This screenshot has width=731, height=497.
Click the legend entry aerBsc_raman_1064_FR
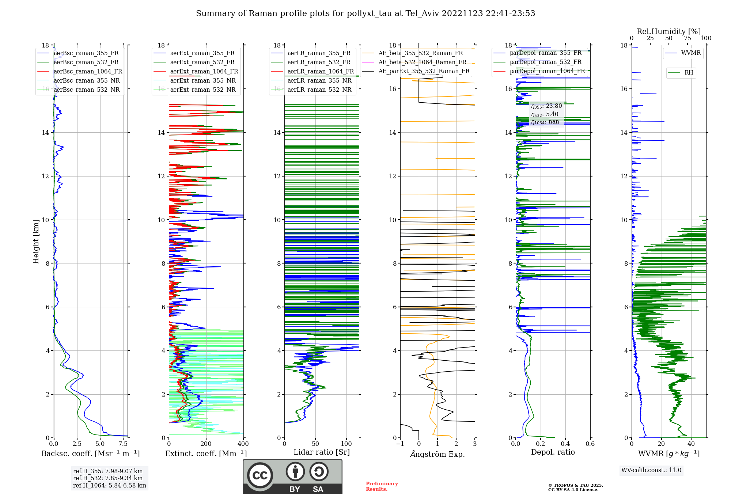click(88, 72)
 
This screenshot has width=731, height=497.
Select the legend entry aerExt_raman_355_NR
click(203, 81)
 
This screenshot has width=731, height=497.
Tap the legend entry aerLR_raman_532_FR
click(319, 62)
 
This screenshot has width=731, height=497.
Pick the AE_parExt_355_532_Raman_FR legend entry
click(424, 71)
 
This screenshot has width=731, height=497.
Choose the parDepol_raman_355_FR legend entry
click(545, 53)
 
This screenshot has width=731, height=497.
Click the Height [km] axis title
click(36, 242)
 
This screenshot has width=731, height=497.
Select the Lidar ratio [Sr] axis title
click(322, 452)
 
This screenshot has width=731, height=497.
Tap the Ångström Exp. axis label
click(438, 454)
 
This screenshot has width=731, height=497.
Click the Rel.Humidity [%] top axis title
click(668, 31)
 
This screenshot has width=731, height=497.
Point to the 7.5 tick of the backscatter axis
click(123, 444)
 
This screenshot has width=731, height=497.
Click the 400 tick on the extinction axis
click(243, 444)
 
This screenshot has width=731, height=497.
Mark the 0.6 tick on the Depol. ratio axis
click(590, 444)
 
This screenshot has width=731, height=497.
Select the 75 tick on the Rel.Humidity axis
click(688, 38)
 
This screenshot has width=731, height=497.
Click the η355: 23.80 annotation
click(546, 106)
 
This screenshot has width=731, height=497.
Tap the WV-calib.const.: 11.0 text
click(651, 470)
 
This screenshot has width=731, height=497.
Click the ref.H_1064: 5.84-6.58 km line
click(110, 486)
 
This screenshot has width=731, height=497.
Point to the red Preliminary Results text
click(382, 486)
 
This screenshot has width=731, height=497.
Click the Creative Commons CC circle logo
click(260, 475)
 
